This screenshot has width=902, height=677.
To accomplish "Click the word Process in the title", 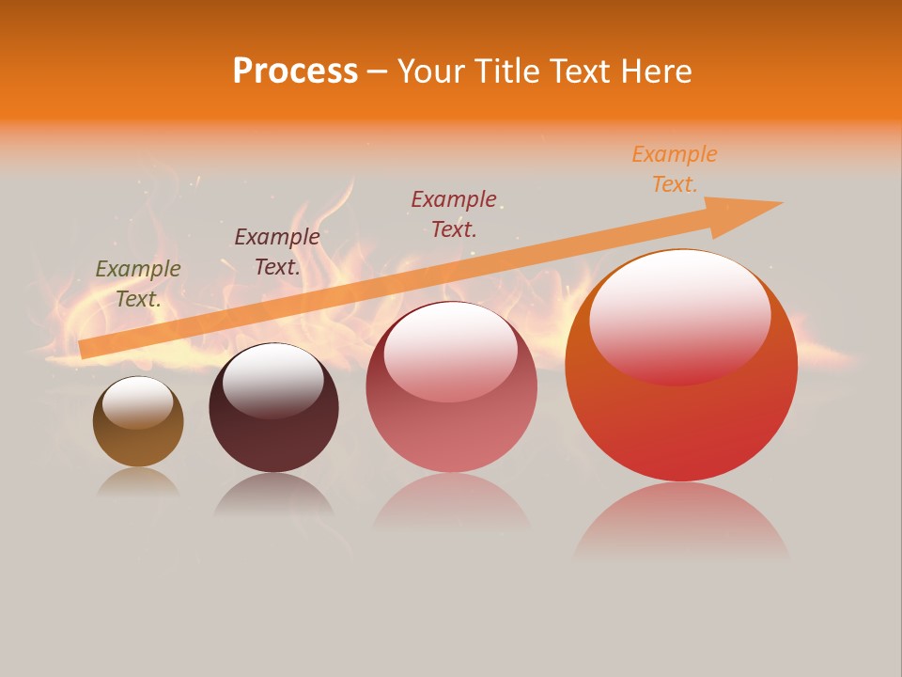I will point(295,71).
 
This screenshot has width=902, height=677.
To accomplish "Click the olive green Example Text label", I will point(138,284).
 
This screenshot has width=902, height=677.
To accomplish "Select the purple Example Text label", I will point(277,252).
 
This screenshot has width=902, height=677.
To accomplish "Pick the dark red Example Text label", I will point(454,213).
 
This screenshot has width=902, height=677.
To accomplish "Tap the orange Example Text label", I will point(675,168).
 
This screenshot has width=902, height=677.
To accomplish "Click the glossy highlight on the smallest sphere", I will point(137,402).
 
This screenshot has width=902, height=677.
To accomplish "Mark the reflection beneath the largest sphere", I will point(681,517).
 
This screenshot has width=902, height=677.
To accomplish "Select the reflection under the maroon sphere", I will point(273,494).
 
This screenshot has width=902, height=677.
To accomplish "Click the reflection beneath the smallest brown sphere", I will point(138,482).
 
